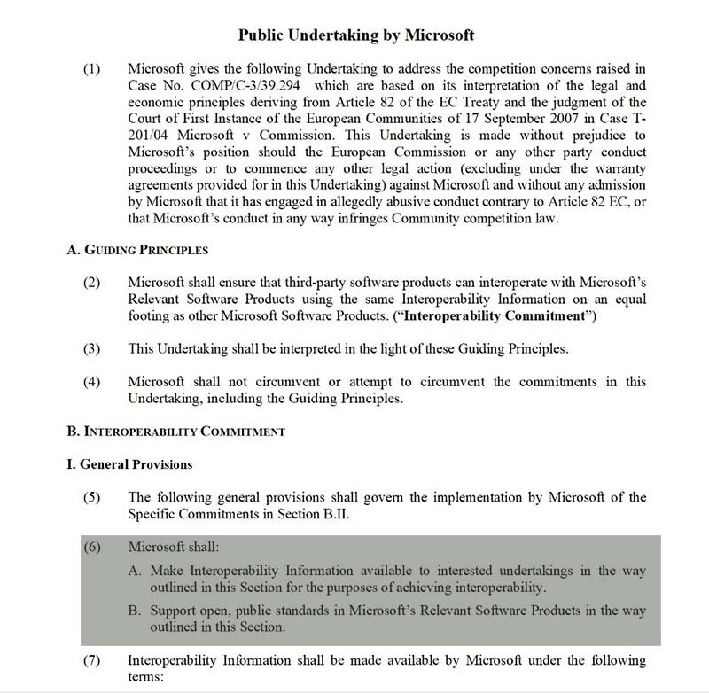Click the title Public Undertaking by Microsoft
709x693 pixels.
tap(356, 35)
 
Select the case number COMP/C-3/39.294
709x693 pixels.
tap(246, 87)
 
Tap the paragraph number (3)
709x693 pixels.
tap(93, 349)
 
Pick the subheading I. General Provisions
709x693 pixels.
tap(129, 464)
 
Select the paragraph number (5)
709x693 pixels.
tap(93, 497)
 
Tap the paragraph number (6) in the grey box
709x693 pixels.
tap(93, 547)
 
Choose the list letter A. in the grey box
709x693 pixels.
tap(136, 570)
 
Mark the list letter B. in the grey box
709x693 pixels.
tap(136, 611)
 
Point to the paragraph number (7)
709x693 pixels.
tap(93, 661)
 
